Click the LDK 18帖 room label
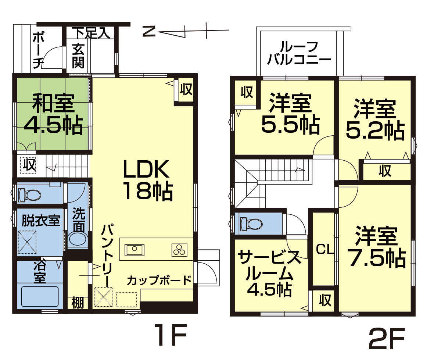148,180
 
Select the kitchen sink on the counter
135,250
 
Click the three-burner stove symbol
179,250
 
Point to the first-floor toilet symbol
29,195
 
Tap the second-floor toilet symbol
251,224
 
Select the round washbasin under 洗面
78,239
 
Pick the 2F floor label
386,341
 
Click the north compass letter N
149,32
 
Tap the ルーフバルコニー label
299,53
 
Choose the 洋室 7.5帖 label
377,247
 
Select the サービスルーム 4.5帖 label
269,274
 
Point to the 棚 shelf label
78,303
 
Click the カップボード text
159,280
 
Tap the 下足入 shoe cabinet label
91,33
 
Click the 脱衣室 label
41,220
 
